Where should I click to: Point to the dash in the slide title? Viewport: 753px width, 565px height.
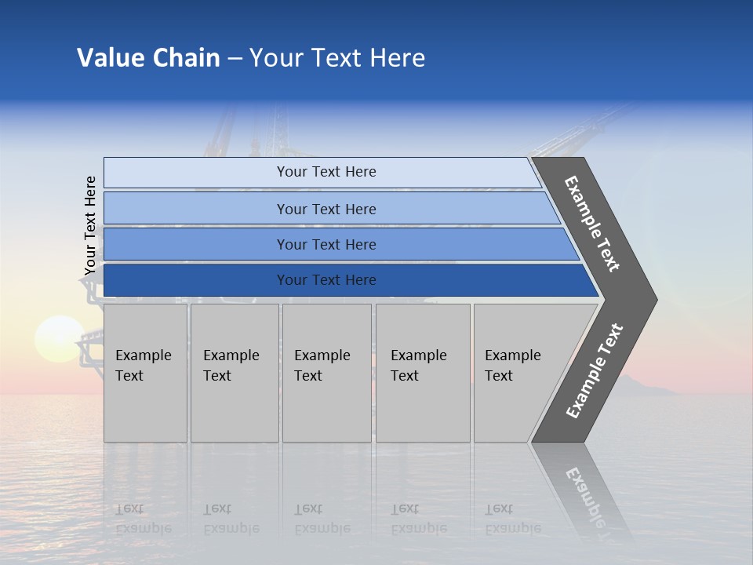coord(235,59)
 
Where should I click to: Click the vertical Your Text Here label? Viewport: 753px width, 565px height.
coord(90,226)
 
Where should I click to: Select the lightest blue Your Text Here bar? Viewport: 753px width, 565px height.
coord(326,172)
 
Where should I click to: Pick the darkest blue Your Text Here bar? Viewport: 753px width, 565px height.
coord(326,280)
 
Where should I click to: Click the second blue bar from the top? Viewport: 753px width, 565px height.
coord(326,209)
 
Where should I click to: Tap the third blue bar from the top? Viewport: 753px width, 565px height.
coord(326,244)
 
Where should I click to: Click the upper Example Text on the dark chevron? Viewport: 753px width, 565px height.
coord(592,224)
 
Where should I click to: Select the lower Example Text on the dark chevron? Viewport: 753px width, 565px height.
coord(594,371)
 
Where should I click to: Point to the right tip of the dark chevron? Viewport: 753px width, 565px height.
coord(655,299)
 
